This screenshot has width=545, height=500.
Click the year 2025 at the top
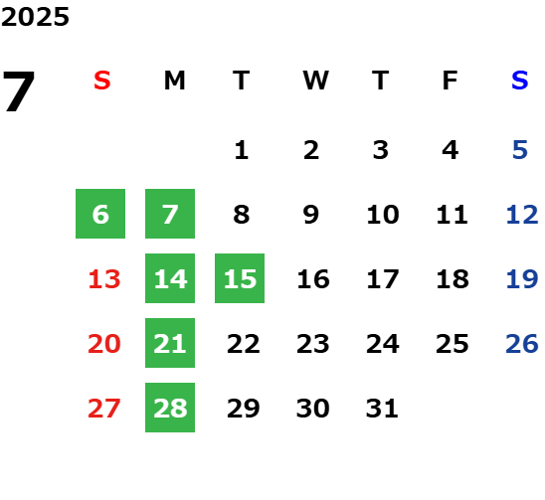pos(35,17)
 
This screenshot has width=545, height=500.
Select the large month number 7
pos(19,90)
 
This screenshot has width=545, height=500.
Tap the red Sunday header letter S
pos(102,81)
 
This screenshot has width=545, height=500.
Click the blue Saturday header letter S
pos(520,81)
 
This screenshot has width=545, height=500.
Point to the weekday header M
pos(174,81)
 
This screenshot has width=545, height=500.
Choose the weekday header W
pos(315,81)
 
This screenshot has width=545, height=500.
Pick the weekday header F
pos(451,81)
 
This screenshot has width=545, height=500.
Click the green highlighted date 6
pos(100,214)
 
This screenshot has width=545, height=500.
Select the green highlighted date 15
pos(240,278)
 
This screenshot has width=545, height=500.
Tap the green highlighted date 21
pos(170,343)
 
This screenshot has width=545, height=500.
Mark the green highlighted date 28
pos(170,408)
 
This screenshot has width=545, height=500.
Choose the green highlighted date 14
pos(170,278)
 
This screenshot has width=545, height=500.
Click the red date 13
pos(104,279)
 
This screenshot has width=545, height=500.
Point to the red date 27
pos(104,409)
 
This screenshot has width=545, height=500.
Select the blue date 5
pos(520,150)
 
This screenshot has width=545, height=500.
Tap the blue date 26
pos(522,344)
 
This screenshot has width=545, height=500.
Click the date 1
pos(242,150)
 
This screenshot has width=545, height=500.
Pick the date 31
pos(382,409)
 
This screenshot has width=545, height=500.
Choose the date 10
pos(383,215)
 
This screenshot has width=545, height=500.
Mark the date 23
pos(313,344)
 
